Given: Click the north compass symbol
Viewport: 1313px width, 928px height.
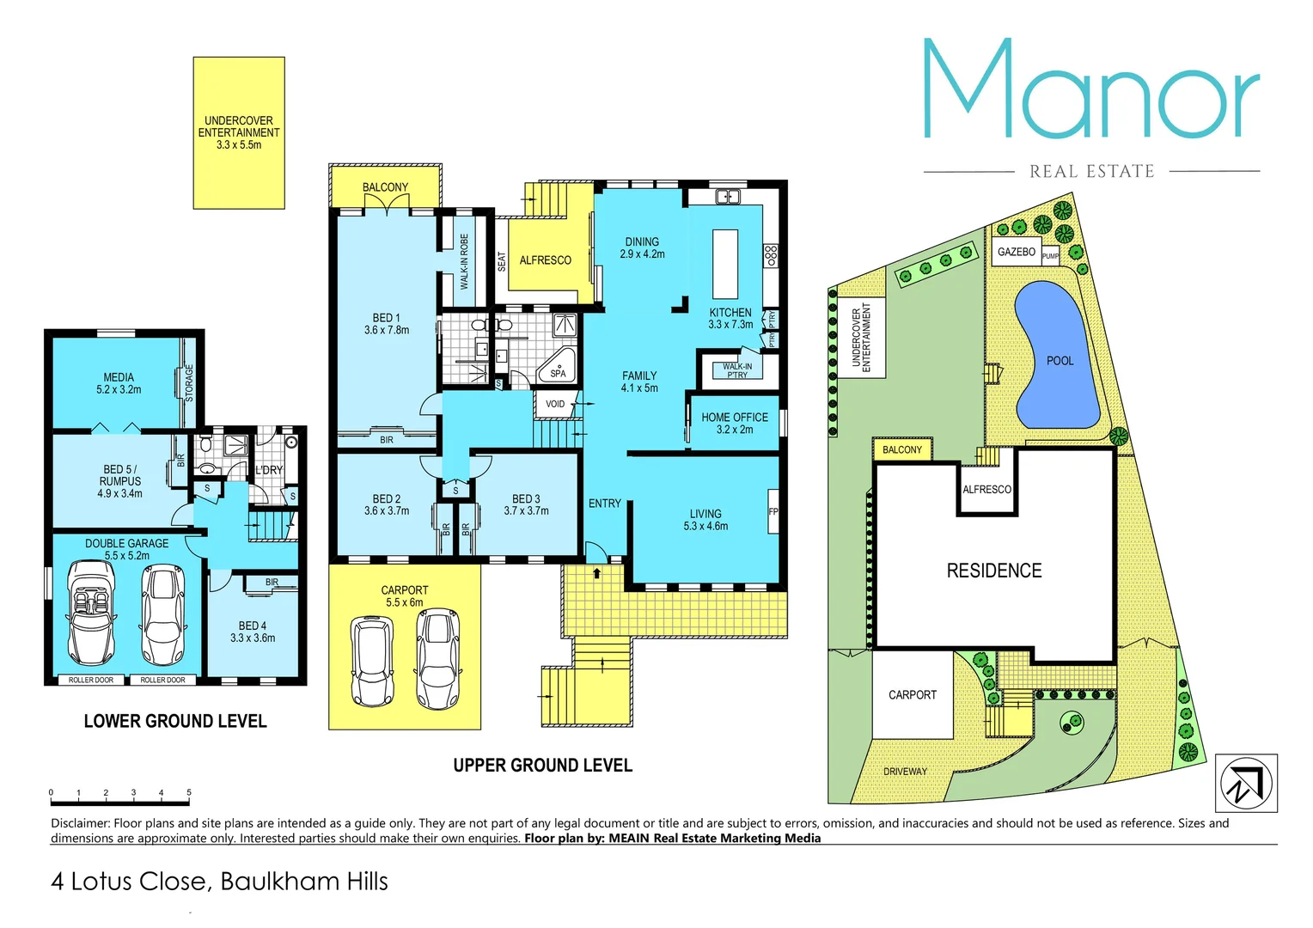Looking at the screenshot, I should coord(1246,783).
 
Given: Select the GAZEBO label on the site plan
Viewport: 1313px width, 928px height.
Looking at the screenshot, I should coord(1016,252).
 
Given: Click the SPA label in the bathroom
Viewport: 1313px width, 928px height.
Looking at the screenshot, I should coord(558,373).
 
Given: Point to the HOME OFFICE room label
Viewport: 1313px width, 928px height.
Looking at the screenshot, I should coord(734,418).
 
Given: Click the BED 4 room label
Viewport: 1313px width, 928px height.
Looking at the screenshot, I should coord(252,626).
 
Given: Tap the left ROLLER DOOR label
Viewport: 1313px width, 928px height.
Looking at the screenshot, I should coord(91,680).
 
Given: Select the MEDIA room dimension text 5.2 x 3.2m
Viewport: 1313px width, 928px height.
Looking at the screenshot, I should coord(119,389).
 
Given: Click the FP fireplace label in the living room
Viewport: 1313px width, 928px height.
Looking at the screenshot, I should coord(773,512).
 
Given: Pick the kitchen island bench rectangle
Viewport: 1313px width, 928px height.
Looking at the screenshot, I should coord(725,263).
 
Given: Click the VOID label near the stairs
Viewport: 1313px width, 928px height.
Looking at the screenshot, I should coord(555,404).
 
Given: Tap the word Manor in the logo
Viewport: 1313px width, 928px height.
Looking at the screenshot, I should coord(1090,91).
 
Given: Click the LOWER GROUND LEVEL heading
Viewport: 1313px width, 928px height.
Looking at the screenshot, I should coord(175,721).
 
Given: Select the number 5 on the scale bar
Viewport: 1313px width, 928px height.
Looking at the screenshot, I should coord(189,792).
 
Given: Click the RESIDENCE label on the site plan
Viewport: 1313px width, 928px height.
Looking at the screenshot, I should coord(993,571).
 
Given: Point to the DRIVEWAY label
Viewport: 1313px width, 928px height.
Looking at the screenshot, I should coord(905,772).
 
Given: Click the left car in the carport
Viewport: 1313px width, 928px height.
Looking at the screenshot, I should coord(372,660).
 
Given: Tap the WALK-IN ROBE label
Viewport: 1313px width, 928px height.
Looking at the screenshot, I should coord(464,261).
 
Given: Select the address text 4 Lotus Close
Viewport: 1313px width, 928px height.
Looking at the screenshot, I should coord(129,882).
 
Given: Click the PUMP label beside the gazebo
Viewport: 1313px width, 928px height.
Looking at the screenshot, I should coord(1050,256).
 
